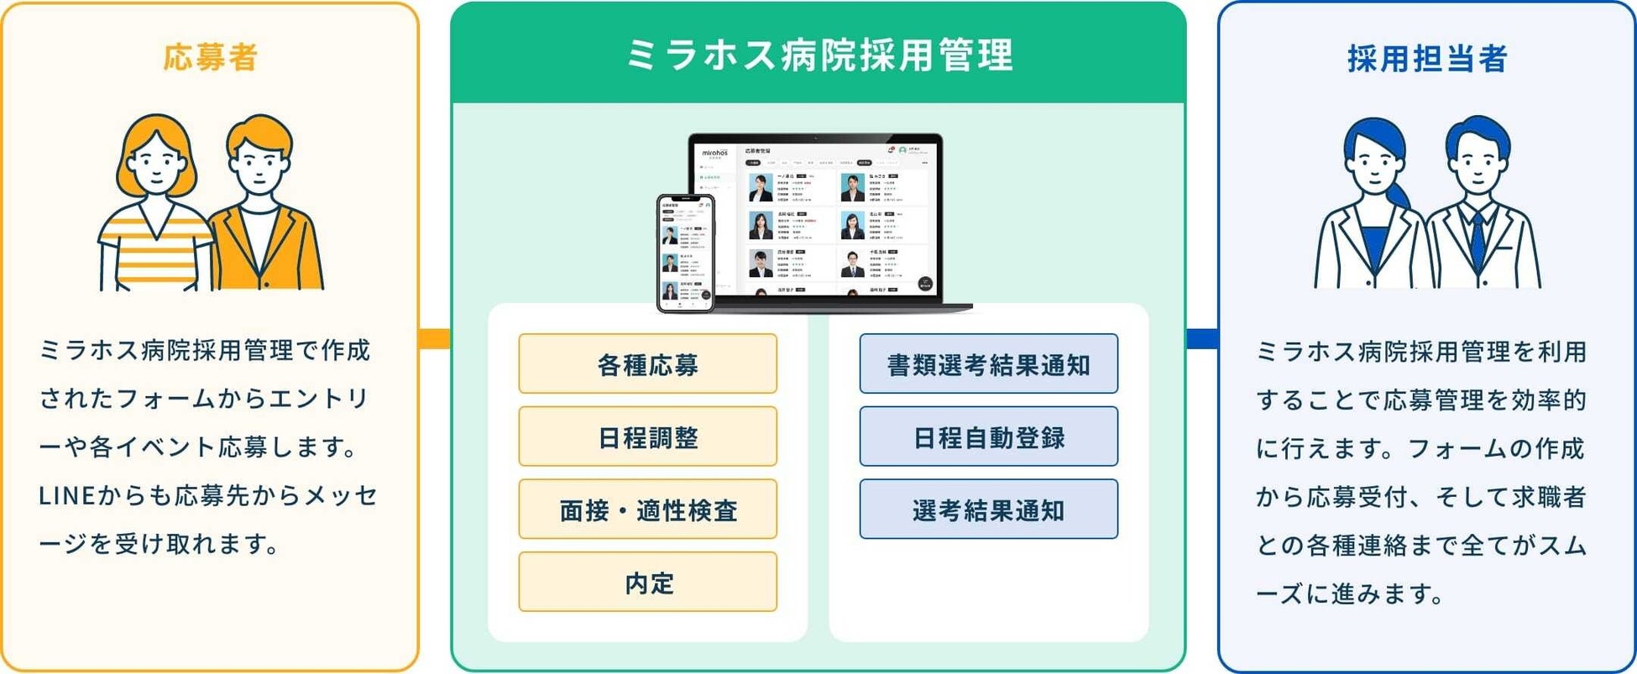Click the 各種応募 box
(647, 364)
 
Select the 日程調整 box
(647, 436)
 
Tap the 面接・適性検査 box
(647, 509)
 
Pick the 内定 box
(647, 583)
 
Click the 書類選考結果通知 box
(988, 364)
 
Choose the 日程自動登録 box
(988, 436)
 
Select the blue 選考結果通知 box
(988, 509)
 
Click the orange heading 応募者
(210, 58)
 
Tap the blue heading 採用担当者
(1427, 59)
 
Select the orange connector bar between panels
(434, 338)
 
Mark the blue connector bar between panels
(1202, 338)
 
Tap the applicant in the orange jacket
(264, 210)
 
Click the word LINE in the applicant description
(66, 496)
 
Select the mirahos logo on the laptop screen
(715, 153)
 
